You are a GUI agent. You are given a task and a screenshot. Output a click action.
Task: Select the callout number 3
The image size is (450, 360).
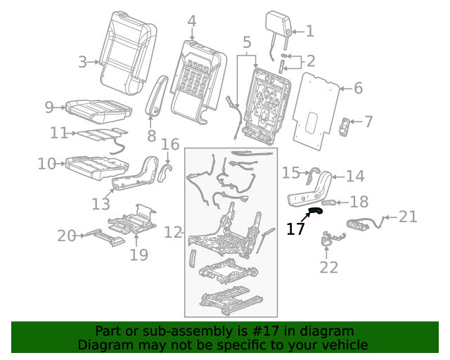click(x=83, y=62)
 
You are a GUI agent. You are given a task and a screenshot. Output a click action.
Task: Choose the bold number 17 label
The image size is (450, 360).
click(x=296, y=228)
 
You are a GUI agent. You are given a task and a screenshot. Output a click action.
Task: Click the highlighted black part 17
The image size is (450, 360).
click(x=315, y=209)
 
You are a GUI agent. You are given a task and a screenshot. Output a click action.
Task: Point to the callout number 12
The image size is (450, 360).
click(x=173, y=231)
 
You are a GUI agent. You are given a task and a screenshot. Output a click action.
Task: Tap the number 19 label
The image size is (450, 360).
click(x=139, y=253)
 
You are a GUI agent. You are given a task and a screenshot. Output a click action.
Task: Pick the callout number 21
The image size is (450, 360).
click(x=409, y=217)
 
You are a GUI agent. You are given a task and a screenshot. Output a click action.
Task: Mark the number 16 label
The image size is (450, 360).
click(x=171, y=145)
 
